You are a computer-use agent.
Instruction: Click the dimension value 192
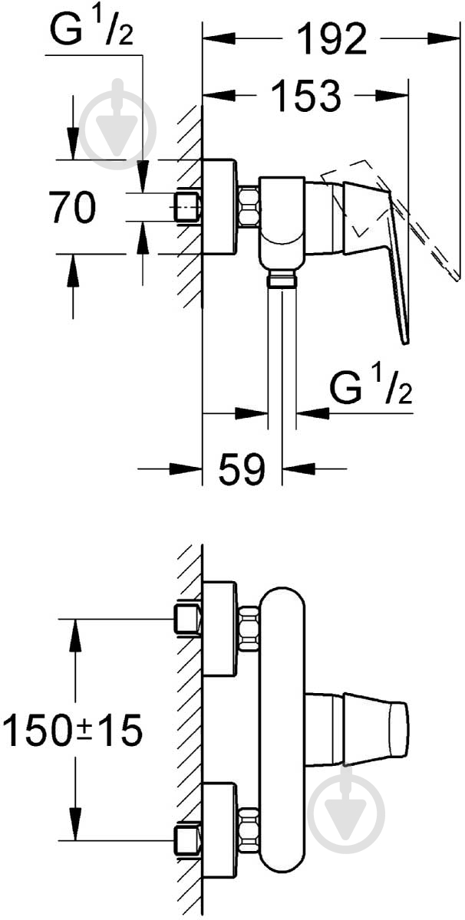(x=331, y=39)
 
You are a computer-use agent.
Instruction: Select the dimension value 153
(x=307, y=96)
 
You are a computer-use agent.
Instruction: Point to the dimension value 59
(x=242, y=468)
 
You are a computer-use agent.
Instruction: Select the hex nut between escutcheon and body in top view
(x=249, y=207)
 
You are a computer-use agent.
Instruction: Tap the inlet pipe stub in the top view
(x=187, y=207)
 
